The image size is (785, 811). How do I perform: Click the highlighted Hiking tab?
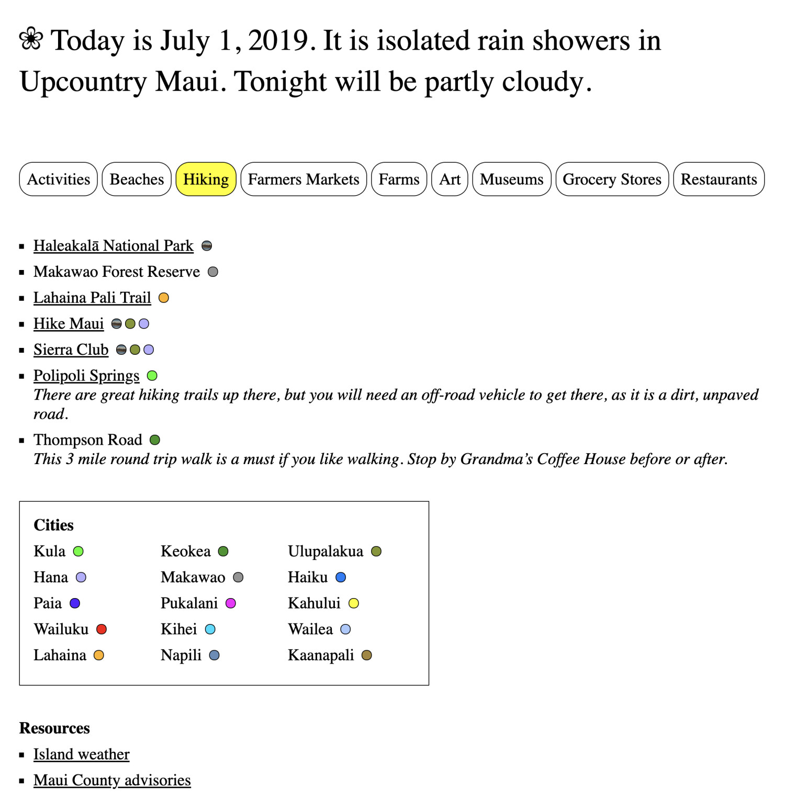(x=206, y=179)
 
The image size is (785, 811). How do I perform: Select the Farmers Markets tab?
(x=304, y=179)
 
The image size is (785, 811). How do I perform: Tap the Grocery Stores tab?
(x=612, y=179)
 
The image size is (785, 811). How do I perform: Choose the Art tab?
(x=450, y=179)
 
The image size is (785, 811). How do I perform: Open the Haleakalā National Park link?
(x=113, y=246)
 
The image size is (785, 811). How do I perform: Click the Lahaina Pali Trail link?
(x=92, y=298)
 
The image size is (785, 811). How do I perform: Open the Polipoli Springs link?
(x=86, y=376)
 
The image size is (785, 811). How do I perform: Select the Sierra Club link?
(x=71, y=350)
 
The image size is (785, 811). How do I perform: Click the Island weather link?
(x=81, y=754)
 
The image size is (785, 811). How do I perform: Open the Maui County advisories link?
(x=112, y=780)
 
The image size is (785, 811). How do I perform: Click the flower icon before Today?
(x=31, y=39)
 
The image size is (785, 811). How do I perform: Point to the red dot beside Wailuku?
(x=102, y=629)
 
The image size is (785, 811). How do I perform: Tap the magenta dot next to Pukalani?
(x=231, y=603)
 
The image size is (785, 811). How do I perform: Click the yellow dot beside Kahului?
(x=354, y=603)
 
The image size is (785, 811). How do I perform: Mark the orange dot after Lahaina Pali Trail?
(x=164, y=298)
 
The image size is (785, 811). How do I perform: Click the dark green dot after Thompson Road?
(x=155, y=440)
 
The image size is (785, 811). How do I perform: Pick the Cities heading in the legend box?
(x=53, y=525)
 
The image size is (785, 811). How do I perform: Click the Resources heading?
(x=54, y=728)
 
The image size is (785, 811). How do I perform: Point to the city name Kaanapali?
(x=321, y=655)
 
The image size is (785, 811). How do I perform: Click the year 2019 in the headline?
(x=278, y=41)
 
